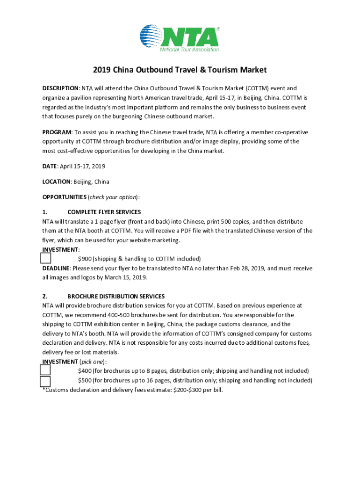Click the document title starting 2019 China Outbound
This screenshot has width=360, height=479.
180,70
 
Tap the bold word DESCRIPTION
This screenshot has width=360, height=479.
60,88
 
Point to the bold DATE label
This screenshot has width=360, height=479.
49,167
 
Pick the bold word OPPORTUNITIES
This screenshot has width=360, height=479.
64,197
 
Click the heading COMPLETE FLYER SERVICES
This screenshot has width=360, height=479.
104,212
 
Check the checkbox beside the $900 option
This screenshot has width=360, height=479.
45,258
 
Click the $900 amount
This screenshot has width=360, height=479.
85,259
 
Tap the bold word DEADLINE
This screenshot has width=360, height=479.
56,269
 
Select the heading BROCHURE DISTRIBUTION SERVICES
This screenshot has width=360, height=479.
115,297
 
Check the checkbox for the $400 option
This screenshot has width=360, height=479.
45,370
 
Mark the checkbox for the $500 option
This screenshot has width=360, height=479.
45,381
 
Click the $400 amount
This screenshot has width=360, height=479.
85,371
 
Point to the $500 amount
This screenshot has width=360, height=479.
85,380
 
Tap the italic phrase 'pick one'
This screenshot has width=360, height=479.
93,362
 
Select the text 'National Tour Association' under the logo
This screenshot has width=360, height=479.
189,49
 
